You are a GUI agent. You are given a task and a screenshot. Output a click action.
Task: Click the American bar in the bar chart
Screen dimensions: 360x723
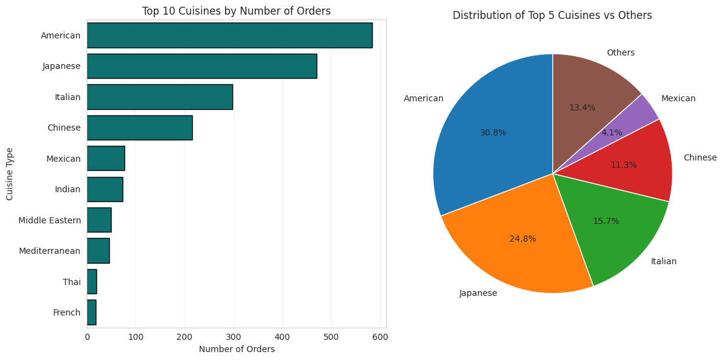(229, 35)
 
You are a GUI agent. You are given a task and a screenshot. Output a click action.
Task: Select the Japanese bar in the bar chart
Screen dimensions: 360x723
(201, 66)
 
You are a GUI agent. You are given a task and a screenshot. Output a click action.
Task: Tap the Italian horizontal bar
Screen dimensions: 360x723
(159, 97)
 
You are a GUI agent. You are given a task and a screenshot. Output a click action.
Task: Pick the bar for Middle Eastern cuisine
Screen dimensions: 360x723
(99, 220)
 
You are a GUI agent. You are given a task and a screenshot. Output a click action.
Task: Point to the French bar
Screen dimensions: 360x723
(92, 312)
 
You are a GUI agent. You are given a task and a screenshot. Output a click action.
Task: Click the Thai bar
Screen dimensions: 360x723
(92, 281)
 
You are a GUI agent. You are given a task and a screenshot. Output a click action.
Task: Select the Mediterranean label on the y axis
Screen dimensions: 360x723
(50, 251)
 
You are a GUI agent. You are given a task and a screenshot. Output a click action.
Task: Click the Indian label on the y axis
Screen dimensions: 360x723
(68, 189)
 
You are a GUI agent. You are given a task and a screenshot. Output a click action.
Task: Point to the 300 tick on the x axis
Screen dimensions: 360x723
(234, 337)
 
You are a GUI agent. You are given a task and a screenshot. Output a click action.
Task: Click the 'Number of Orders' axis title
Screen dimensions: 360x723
(237, 350)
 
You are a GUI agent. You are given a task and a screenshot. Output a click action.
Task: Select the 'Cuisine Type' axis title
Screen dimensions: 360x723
(10, 173)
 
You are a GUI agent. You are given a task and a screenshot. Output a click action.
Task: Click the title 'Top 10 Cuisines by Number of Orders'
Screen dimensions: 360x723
(236, 11)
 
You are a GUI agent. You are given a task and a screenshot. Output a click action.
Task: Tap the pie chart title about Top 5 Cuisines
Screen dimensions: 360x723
(552, 15)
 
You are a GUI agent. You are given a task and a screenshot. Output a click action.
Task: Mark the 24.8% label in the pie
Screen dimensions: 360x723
(523, 239)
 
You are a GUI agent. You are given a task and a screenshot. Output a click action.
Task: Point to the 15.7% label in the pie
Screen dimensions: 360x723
(606, 221)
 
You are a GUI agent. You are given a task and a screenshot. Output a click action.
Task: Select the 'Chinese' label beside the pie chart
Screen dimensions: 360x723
(700, 157)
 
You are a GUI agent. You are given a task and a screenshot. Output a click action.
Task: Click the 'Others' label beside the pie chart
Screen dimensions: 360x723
(620, 53)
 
